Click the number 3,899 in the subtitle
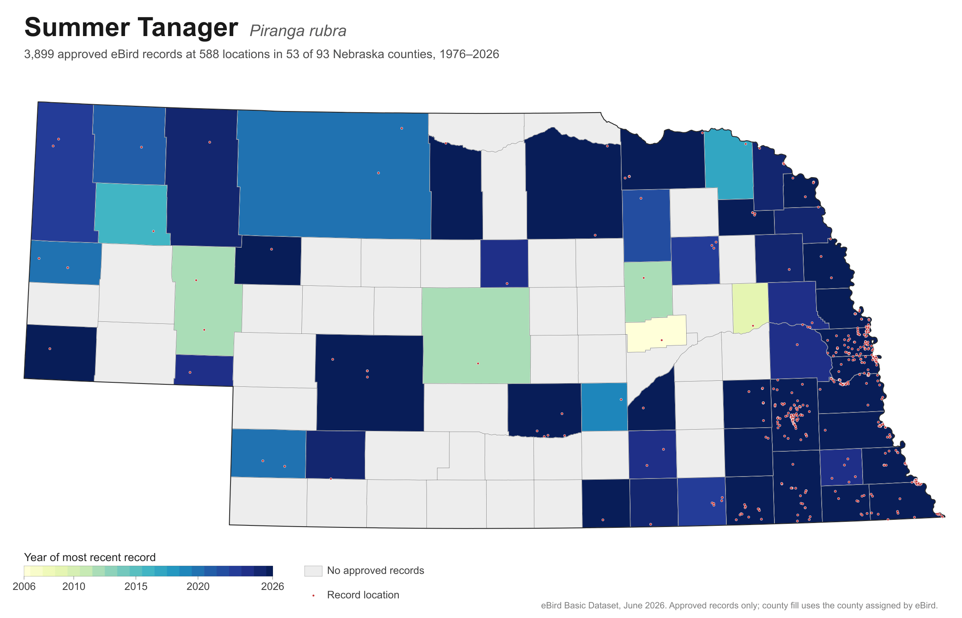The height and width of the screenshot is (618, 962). [39, 55]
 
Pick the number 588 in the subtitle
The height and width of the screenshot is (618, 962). [209, 54]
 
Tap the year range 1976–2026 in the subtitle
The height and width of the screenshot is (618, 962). [469, 54]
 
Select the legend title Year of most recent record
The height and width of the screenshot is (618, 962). [90, 557]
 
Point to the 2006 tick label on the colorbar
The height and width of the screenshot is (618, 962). [24, 586]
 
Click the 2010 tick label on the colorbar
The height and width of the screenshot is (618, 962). [74, 586]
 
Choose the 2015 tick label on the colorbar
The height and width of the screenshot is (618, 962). [136, 586]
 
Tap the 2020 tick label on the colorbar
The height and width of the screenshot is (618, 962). [198, 586]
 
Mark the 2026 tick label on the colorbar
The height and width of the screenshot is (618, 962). [273, 586]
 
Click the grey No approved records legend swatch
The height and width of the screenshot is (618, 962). [313, 571]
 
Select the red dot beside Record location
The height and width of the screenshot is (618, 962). [313, 596]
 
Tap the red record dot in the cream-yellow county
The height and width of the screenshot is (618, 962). [662, 340]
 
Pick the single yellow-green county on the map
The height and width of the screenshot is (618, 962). [750, 307]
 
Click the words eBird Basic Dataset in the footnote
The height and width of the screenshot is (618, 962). [580, 606]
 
